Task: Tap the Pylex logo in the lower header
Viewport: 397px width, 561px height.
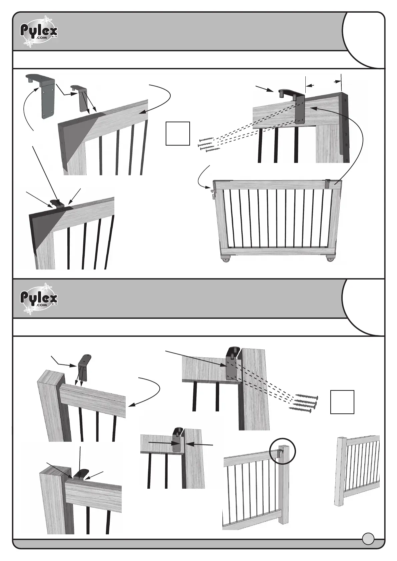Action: (39, 298)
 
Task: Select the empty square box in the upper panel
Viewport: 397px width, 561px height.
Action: (178, 134)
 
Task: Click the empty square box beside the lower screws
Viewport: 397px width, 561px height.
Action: (342, 402)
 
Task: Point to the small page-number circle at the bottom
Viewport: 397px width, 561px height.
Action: (368, 538)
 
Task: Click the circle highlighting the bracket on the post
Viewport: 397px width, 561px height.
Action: (282, 451)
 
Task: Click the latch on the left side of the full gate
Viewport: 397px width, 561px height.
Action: (213, 193)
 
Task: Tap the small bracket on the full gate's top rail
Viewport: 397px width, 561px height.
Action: (328, 184)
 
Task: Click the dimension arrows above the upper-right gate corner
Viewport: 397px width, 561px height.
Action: (323, 83)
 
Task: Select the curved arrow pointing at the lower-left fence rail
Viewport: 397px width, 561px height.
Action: (149, 391)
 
